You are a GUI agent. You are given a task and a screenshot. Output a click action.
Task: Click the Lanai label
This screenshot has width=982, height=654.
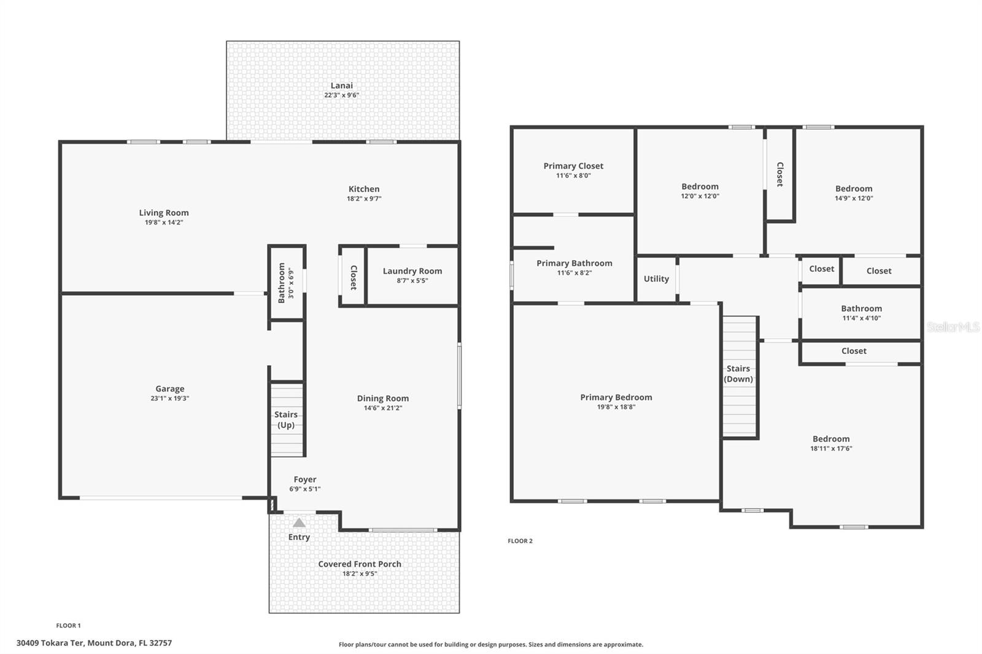coord(342,86)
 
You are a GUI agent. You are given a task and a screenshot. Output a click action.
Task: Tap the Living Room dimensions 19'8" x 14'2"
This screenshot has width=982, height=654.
coord(164,223)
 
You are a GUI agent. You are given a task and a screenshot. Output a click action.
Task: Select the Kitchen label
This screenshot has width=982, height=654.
coord(364,189)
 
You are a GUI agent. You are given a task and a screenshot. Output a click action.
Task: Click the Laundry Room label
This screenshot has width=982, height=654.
coord(412,271)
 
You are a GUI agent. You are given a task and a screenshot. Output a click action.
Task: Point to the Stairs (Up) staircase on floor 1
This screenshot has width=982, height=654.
coord(287,420)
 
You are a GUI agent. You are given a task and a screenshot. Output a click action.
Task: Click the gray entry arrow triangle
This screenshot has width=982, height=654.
coord(299,523)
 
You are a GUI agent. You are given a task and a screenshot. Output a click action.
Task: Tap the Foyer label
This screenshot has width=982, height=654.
coord(305,480)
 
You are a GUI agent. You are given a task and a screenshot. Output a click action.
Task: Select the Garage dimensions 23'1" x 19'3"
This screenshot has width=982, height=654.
coord(170,398)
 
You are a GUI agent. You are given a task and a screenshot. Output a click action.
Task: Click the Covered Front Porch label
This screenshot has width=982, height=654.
coord(360,564)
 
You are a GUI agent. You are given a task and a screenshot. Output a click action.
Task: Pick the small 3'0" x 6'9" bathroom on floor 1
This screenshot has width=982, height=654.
coord(286,282)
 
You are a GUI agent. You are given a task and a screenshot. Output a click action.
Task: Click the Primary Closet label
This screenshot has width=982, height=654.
coord(573,166)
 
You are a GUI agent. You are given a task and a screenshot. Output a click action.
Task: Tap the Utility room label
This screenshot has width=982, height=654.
coord(656,279)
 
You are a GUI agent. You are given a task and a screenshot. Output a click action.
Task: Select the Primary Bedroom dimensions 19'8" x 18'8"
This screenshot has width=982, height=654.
coord(616,407)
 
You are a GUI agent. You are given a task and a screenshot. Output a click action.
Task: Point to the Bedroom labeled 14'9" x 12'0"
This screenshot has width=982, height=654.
coord(854,193)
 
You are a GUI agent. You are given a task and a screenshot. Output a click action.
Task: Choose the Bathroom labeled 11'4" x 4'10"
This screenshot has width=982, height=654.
coord(861,312)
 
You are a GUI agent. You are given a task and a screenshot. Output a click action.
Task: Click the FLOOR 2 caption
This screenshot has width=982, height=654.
coord(520,541)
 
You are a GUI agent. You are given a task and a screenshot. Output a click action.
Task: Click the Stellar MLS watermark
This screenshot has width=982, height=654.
coord(953,328)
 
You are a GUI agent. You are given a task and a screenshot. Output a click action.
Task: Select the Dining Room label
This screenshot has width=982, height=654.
coord(383,399)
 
